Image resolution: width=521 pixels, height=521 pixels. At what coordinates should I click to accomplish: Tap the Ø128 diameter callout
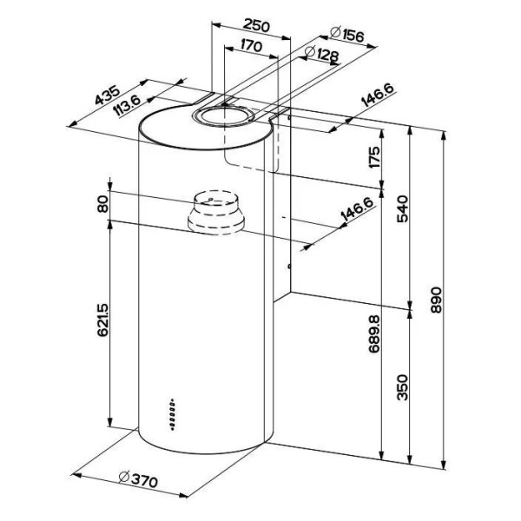click(x=322, y=56)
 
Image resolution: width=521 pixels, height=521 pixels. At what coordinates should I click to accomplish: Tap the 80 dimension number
click(x=102, y=206)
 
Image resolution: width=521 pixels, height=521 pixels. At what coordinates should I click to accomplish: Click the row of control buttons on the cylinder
click(x=174, y=416)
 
